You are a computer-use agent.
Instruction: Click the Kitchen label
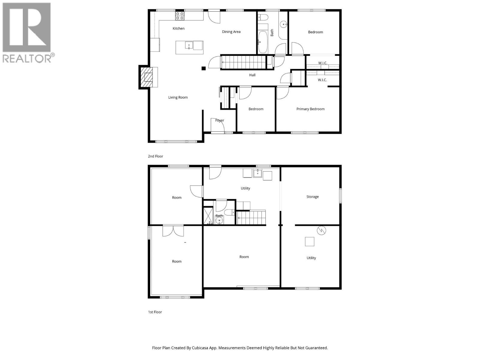pos(178,28)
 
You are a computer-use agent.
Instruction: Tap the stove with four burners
pos(180,16)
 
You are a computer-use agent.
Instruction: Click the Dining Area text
pos(231,32)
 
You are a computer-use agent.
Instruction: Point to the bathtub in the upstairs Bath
pos(263,42)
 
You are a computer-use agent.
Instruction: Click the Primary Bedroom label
pos(310,109)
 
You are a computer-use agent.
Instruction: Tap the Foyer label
pos(220,120)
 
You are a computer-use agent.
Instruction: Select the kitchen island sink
pos(189,46)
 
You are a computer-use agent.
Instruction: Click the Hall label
pos(252,75)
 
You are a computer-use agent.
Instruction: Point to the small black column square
pos(203,68)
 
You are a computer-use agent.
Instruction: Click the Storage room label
pos(312,197)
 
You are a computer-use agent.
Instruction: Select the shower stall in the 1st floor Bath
pos(208,215)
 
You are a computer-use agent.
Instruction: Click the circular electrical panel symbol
pos(321,230)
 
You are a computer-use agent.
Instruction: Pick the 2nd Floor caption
pos(155,156)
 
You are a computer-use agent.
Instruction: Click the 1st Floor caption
pos(155,312)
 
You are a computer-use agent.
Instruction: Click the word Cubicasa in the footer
pos(201,348)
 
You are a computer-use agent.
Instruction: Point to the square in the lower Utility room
pos(310,241)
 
